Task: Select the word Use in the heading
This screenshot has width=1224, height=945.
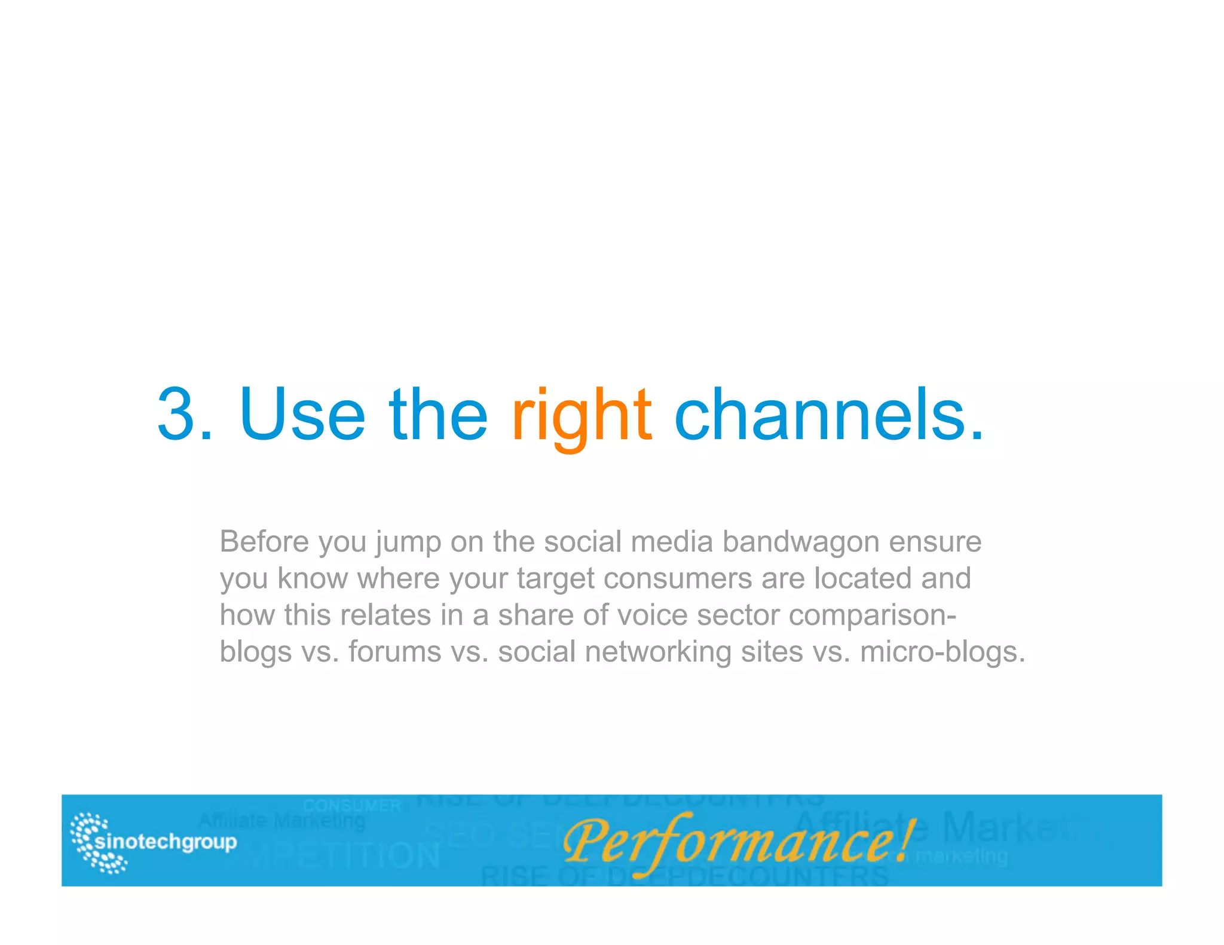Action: [302, 415]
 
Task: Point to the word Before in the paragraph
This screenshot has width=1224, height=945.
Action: [264, 542]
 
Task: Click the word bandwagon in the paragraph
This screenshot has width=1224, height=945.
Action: [801, 542]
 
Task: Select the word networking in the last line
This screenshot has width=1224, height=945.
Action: [658, 652]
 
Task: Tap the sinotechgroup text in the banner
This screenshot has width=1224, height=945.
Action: [166, 842]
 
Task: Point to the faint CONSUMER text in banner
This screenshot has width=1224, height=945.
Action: [351, 806]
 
